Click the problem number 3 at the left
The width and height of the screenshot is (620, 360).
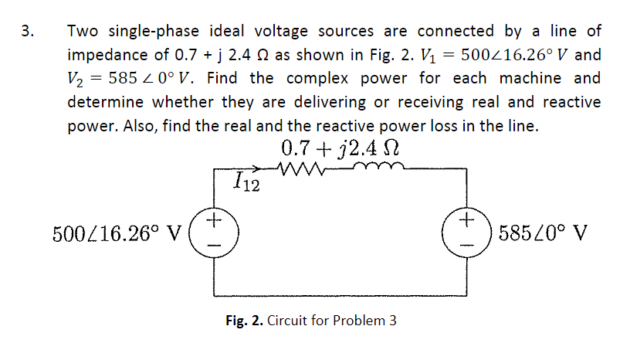(26, 32)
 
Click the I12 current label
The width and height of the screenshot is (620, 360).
(246, 183)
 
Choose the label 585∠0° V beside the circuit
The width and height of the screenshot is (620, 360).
(544, 232)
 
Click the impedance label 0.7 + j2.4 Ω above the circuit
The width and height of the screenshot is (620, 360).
(340, 147)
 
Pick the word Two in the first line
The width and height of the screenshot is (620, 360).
(83, 32)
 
